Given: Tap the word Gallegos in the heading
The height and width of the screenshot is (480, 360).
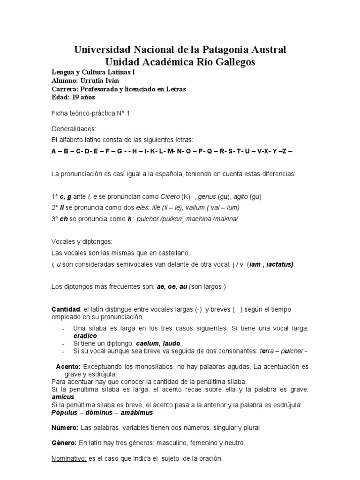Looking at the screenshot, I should tap(228, 62).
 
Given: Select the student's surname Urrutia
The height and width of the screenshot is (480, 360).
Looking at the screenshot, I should tap(93, 81).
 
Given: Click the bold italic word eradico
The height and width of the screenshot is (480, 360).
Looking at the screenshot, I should tap(85, 336).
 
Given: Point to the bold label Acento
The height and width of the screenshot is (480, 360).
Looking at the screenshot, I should tap(68, 366).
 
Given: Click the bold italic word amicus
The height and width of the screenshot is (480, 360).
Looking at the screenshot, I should tap(61, 397).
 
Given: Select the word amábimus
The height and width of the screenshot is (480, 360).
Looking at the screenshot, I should tap(136, 412).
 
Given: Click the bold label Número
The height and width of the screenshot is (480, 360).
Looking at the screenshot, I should tap(64, 427).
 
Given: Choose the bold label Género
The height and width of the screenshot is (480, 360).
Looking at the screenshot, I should tap(63, 442).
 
